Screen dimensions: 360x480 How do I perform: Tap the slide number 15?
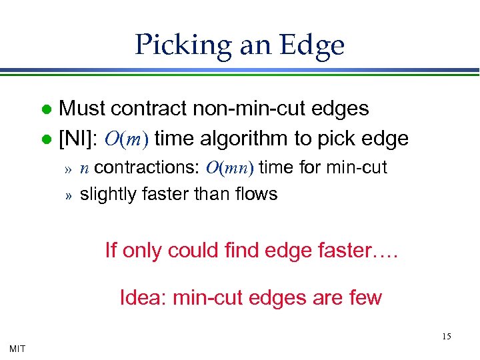tap(446, 337)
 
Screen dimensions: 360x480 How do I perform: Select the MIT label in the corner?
tap(17, 348)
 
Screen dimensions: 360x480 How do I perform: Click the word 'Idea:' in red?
tap(143, 297)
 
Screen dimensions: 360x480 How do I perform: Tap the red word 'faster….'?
tap(364, 251)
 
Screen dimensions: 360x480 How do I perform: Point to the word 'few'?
tap(367, 297)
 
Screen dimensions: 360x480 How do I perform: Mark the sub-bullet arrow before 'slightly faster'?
tap(67, 195)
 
